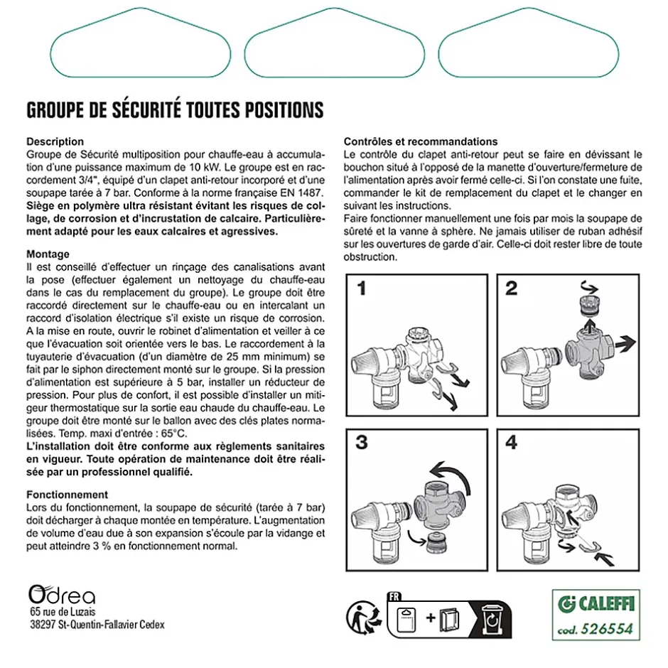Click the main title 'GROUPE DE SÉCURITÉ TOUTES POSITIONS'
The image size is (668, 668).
coord(175,110)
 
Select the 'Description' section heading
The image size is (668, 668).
coord(55,141)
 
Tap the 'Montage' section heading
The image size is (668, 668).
coord(48,254)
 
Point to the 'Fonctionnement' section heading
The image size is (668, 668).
coord(67,494)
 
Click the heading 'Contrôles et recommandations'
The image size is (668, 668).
coord(421,141)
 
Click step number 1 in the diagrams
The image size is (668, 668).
coord(362,289)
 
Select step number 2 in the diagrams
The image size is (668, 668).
coord(511,289)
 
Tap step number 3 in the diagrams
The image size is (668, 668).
coord(362,442)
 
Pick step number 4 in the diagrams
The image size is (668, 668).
coord(511,442)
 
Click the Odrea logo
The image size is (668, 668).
coord(61,594)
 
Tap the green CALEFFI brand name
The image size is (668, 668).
coord(602,605)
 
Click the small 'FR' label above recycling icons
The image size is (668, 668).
coord(395,597)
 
